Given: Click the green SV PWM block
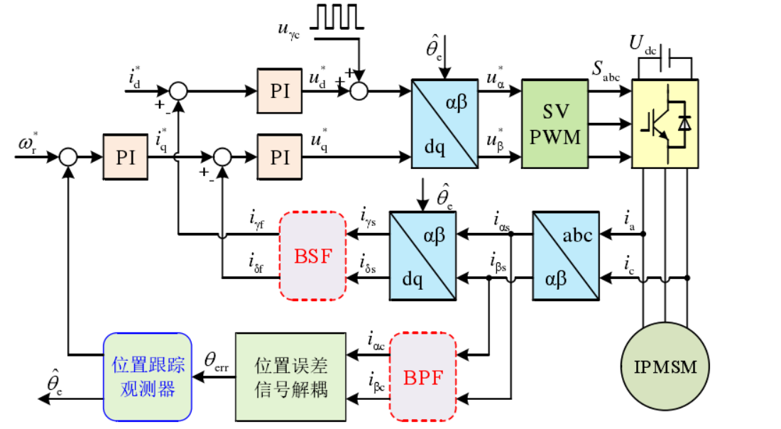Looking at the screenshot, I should pos(555,124).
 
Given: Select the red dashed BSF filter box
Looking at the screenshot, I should pos(313,255).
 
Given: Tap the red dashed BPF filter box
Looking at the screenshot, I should pos(423,376).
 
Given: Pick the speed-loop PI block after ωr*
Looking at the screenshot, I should pos(126,157).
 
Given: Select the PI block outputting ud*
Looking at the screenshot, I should pos(280,91).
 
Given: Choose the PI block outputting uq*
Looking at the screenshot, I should pos(280,157).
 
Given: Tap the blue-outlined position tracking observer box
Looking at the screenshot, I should pos(148,376).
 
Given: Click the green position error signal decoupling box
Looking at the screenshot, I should pos(290,376).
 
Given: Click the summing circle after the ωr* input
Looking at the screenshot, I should pos(68,157).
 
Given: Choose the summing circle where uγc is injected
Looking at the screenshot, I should pos(361,91).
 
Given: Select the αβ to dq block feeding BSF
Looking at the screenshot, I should pos(421,255).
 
